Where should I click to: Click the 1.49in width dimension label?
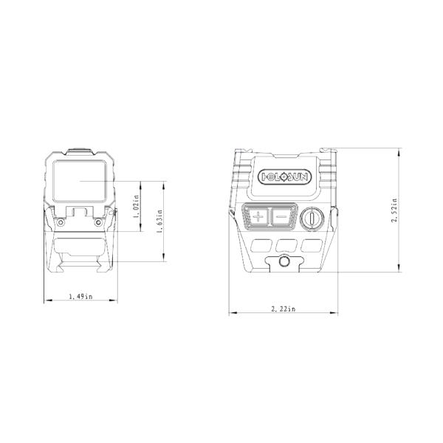point(80,296)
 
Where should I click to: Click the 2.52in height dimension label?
point(394,210)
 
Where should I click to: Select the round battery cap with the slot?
point(311,218)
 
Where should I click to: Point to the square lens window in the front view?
point(80,184)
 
